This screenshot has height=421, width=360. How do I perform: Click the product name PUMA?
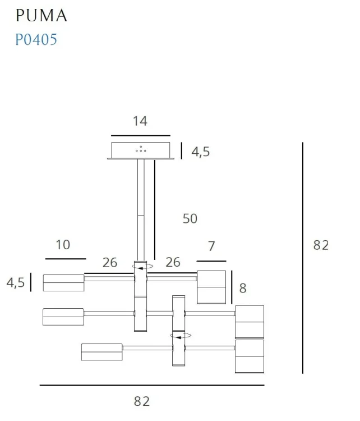pyautogui.click(x=41, y=15)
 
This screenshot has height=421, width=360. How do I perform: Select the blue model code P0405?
pyautogui.click(x=36, y=39)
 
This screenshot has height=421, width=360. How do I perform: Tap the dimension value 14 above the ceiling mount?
pyautogui.click(x=140, y=121)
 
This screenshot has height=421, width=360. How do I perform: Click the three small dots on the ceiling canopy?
pyautogui.click(x=141, y=149)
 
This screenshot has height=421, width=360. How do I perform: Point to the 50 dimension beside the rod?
pyautogui.click(x=190, y=218)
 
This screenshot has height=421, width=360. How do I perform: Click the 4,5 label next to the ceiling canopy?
pyautogui.click(x=200, y=152)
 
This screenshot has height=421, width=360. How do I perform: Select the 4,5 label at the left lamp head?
pyautogui.click(x=16, y=283)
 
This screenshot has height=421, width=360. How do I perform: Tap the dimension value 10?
pyautogui.click(x=63, y=245)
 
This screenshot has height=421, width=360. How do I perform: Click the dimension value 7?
pyautogui.click(x=211, y=246)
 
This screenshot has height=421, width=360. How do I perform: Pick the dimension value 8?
pyautogui.click(x=243, y=289)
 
